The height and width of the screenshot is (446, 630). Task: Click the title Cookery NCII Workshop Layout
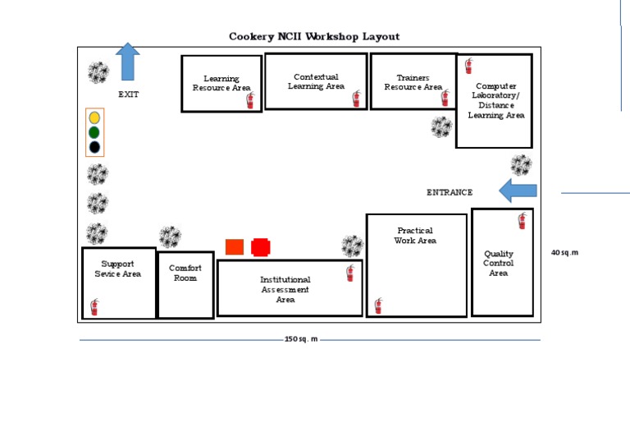coord(314,36)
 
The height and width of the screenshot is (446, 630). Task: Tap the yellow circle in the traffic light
coord(94,117)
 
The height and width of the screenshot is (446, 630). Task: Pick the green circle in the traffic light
coord(94,132)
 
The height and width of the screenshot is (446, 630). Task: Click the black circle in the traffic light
coord(94,147)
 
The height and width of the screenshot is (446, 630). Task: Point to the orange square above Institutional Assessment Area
coord(235,246)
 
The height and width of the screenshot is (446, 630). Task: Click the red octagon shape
coord(261,246)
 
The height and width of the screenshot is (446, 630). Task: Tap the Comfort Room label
coord(185,273)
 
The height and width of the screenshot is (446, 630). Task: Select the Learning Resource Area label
coord(221,83)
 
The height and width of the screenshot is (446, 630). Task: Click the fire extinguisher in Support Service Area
coord(94,307)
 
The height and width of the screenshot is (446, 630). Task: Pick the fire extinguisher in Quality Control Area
coord(522,220)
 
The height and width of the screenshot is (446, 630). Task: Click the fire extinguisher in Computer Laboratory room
coord(469,66)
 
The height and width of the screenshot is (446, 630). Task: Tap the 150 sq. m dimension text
coord(301,339)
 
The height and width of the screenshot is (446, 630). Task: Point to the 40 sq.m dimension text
coord(564,252)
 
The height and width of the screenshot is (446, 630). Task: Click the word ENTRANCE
coord(450,192)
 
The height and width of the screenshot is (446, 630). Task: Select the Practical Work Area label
coord(415,236)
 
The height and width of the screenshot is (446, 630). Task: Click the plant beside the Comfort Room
coord(170,237)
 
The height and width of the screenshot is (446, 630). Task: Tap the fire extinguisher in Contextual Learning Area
coord(356,99)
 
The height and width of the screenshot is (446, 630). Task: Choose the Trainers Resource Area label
coord(413,82)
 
